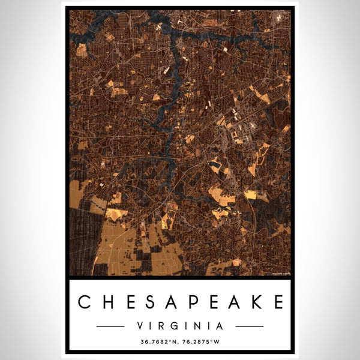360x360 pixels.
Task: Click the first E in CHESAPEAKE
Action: pos(130,301)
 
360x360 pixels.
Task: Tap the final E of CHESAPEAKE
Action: pos(277,301)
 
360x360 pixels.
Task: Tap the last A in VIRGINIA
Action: pos(220,326)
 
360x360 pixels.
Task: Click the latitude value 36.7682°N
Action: pos(160,343)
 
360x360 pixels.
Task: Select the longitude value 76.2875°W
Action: pos(200,343)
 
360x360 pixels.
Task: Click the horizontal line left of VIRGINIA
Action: pos(110,326)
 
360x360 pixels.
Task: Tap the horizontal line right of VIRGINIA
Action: pos(250,326)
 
